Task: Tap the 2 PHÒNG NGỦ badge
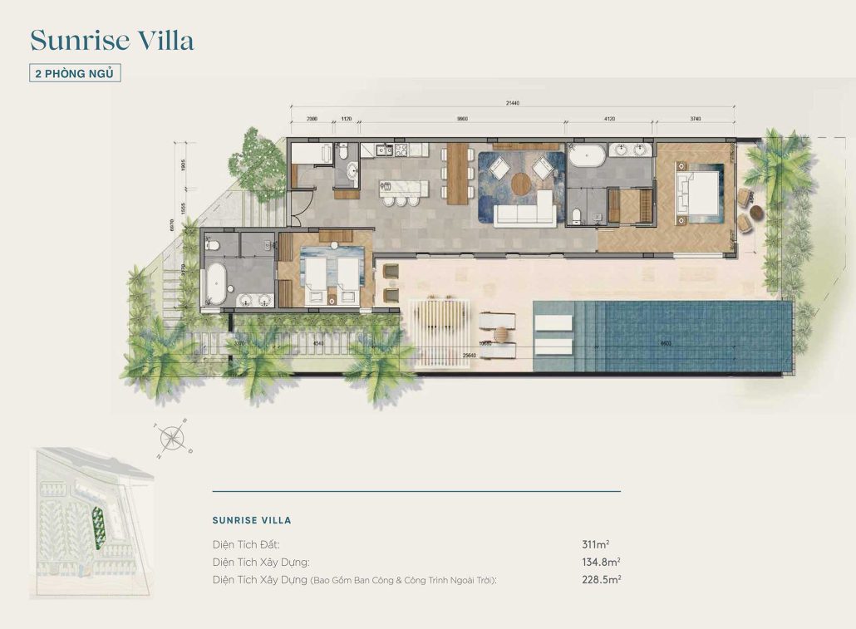click(x=76, y=73)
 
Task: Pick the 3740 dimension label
click(x=696, y=119)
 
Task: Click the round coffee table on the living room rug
click(x=520, y=183)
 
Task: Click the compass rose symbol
click(x=173, y=435)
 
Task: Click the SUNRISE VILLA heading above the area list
click(x=252, y=520)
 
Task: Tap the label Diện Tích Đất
click(x=245, y=544)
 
